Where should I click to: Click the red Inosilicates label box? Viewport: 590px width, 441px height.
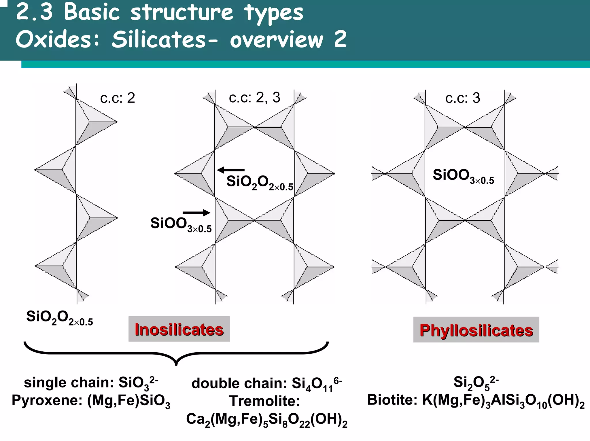pos(179,329)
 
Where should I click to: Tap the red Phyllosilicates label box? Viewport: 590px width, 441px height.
pos(476,330)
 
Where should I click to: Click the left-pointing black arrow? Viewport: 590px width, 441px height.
pos(230,170)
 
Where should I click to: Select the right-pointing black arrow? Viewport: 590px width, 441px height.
pos(196,213)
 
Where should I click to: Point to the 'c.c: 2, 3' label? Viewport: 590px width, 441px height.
pos(254,98)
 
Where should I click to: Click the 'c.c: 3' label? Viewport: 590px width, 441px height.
pos(463,98)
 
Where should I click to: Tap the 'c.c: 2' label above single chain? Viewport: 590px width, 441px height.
pos(118,98)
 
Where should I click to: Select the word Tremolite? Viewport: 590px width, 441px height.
pos(264,401)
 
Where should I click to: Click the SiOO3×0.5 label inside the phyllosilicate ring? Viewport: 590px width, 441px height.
pos(463,176)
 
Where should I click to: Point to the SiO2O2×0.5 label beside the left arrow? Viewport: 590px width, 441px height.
pos(260,183)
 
